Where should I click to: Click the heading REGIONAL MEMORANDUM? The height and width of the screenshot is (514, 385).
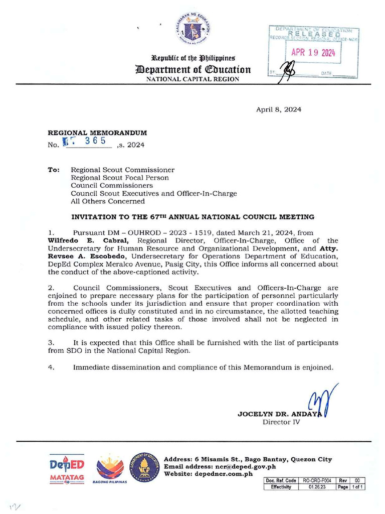point(97,133)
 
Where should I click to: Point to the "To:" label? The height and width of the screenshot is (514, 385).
point(54,170)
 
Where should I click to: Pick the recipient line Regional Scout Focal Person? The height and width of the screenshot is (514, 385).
point(119,178)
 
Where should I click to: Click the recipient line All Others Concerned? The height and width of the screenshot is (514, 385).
point(107,201)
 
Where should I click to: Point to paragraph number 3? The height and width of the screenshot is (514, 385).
point(51,342)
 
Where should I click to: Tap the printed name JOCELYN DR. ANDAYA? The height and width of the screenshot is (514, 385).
point(281,414)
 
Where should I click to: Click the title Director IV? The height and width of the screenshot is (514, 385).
point(281,422)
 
